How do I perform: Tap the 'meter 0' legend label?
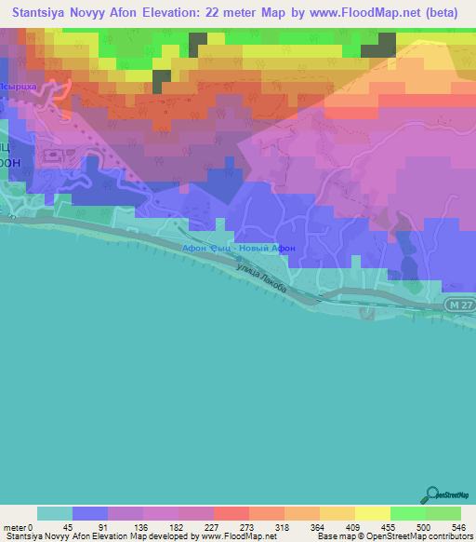[x=17, y=526]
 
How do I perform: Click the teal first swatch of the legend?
[x=55, y=513]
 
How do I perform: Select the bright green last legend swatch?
[x=443, y=513]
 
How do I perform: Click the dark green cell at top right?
[x=377, y=46]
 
